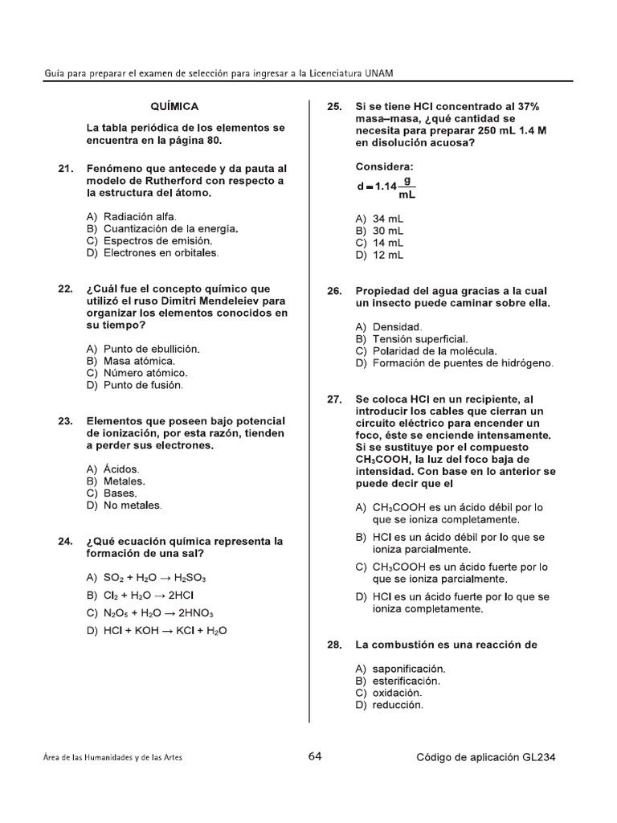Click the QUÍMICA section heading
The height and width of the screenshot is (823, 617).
(x=174, y=106)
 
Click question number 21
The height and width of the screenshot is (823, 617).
(x=65, y=169)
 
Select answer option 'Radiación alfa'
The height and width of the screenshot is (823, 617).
(x=140, y=216)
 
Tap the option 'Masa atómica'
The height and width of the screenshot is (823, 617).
(x=139, y=361)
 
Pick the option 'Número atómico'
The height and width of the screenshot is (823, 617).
(x=145, y=373)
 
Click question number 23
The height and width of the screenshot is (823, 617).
(x=65, y=421)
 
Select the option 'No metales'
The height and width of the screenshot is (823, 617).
(x=132, y=506)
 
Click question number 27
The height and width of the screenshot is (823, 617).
(x=334, y=399)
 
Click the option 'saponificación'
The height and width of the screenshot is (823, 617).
(x=409, y=669)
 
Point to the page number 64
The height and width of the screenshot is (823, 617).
(x=314, y=756)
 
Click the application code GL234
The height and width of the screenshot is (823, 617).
(x=539, y=757)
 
